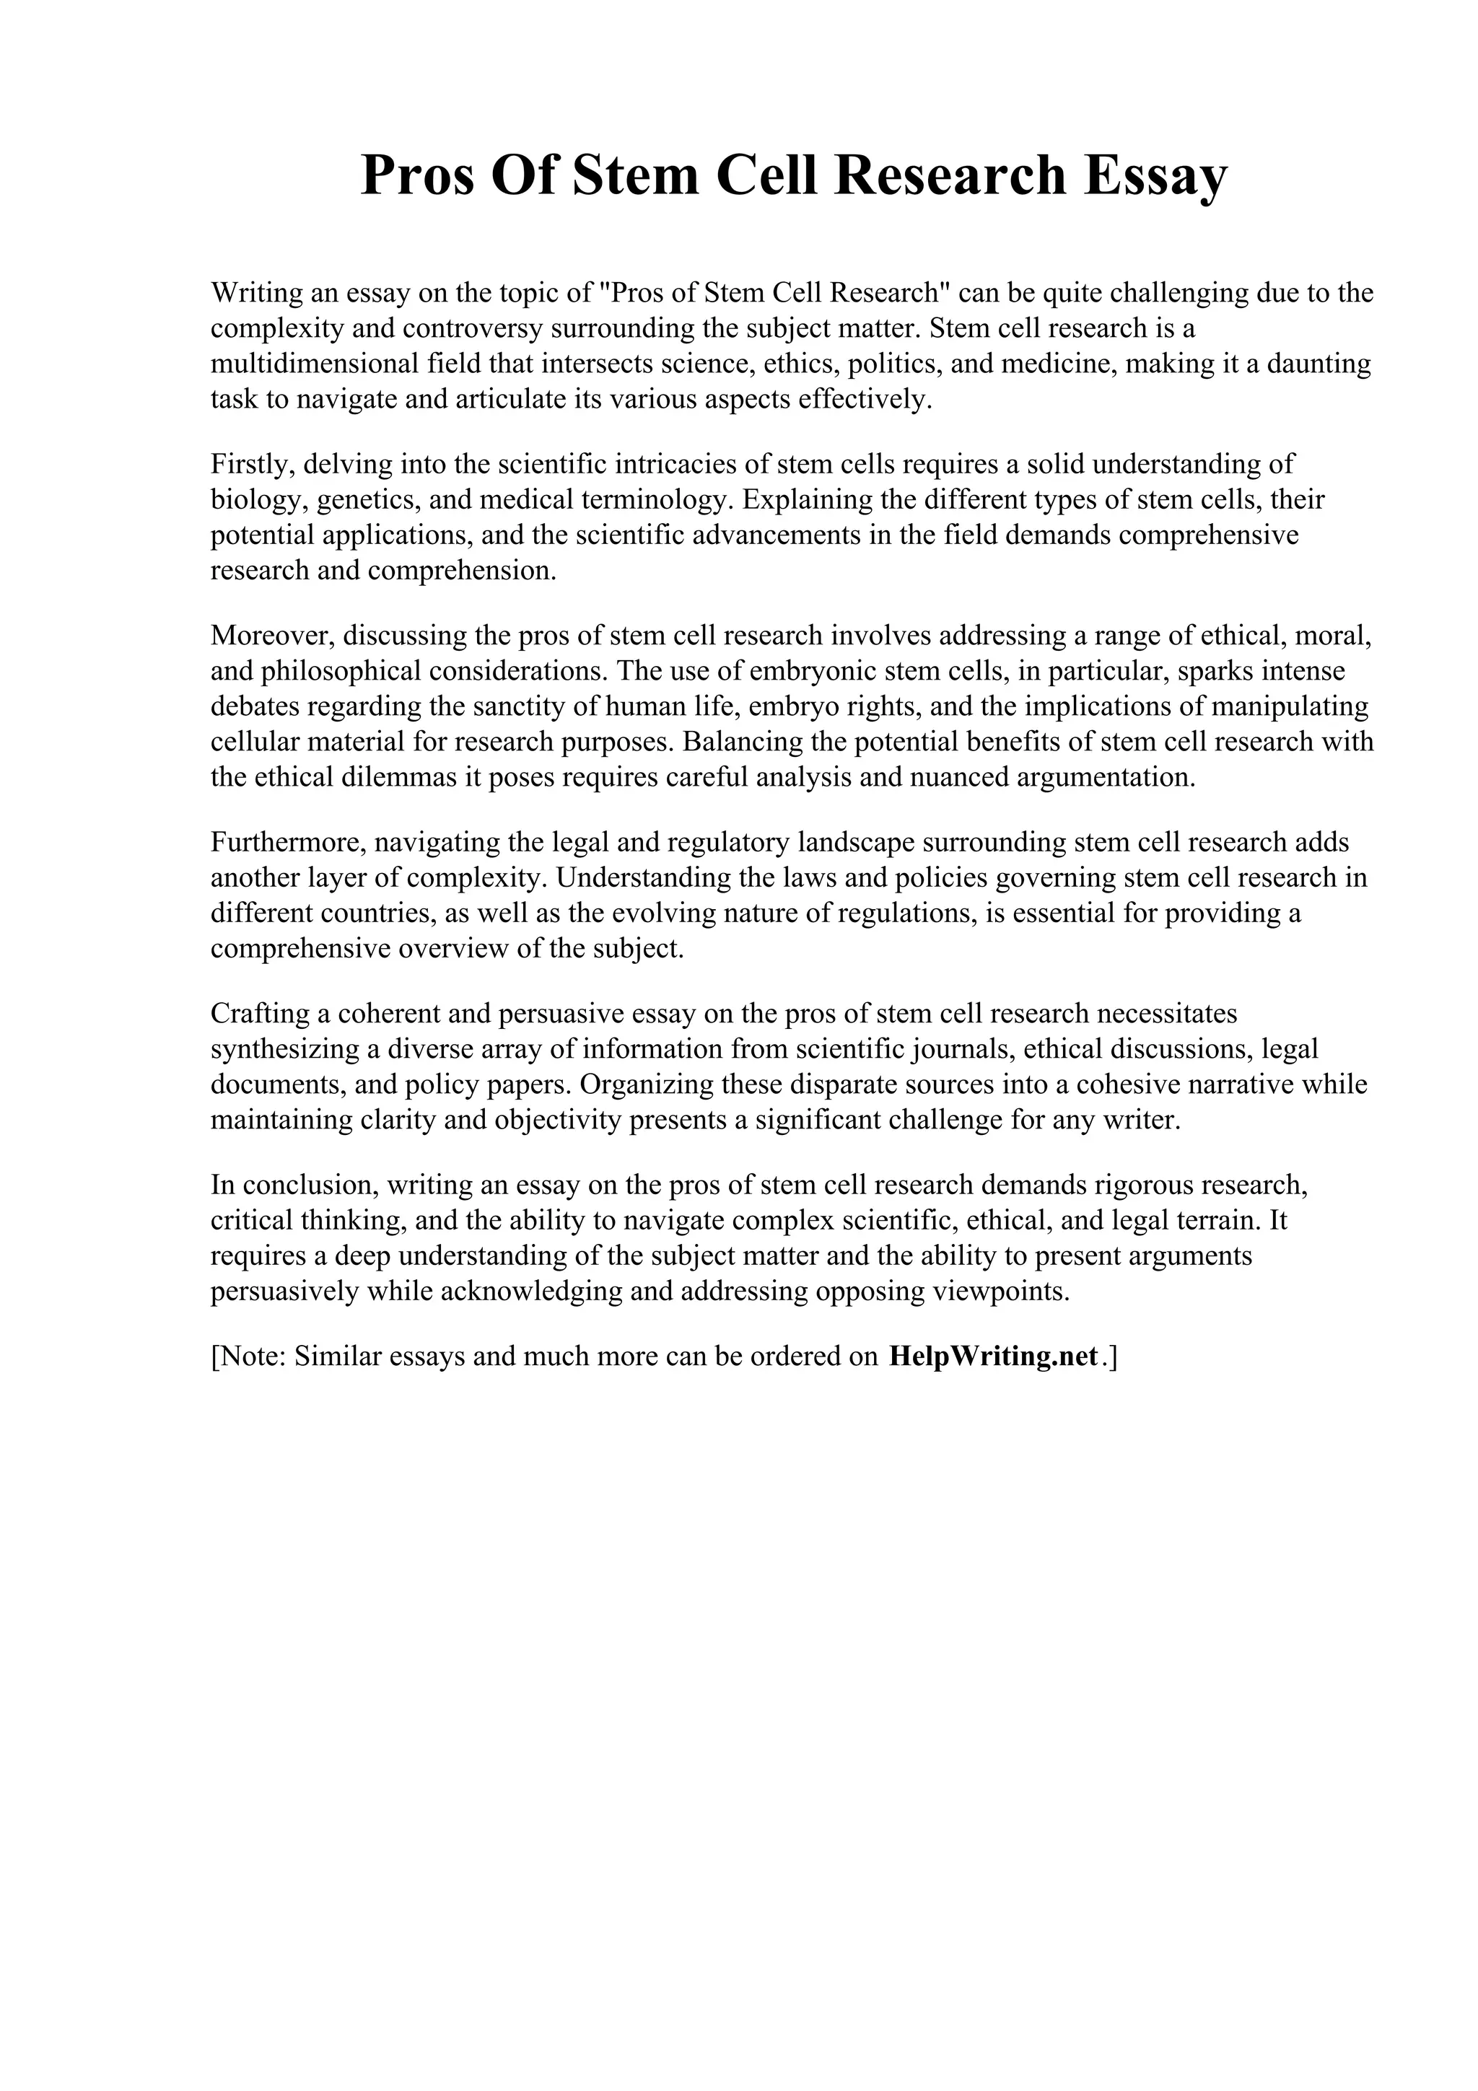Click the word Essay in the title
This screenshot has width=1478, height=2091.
1155,176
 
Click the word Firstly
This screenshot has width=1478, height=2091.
253,465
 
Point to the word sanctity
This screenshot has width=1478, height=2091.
504,706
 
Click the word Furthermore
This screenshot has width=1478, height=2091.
287,843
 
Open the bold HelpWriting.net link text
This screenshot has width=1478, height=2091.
992,1356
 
